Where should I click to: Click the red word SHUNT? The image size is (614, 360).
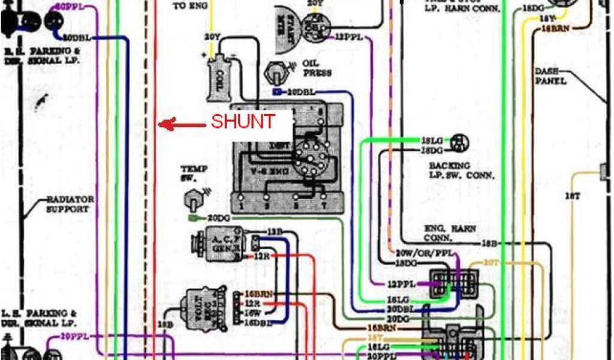coord(243,122)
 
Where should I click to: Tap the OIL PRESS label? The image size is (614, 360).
coord(317,68)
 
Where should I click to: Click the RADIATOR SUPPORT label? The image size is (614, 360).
coord(69,204)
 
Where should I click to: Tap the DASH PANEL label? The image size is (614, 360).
coord(550,76)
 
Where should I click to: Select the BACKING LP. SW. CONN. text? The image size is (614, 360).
coord(461,170)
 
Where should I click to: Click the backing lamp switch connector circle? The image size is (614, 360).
coord(460,142)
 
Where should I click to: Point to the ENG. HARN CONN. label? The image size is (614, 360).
coord(447,232)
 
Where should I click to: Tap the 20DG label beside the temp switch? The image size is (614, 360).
coord(218,218)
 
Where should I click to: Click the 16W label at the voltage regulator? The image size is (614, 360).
coord(251,313)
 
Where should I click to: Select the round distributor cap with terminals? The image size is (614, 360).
coord(309,158)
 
